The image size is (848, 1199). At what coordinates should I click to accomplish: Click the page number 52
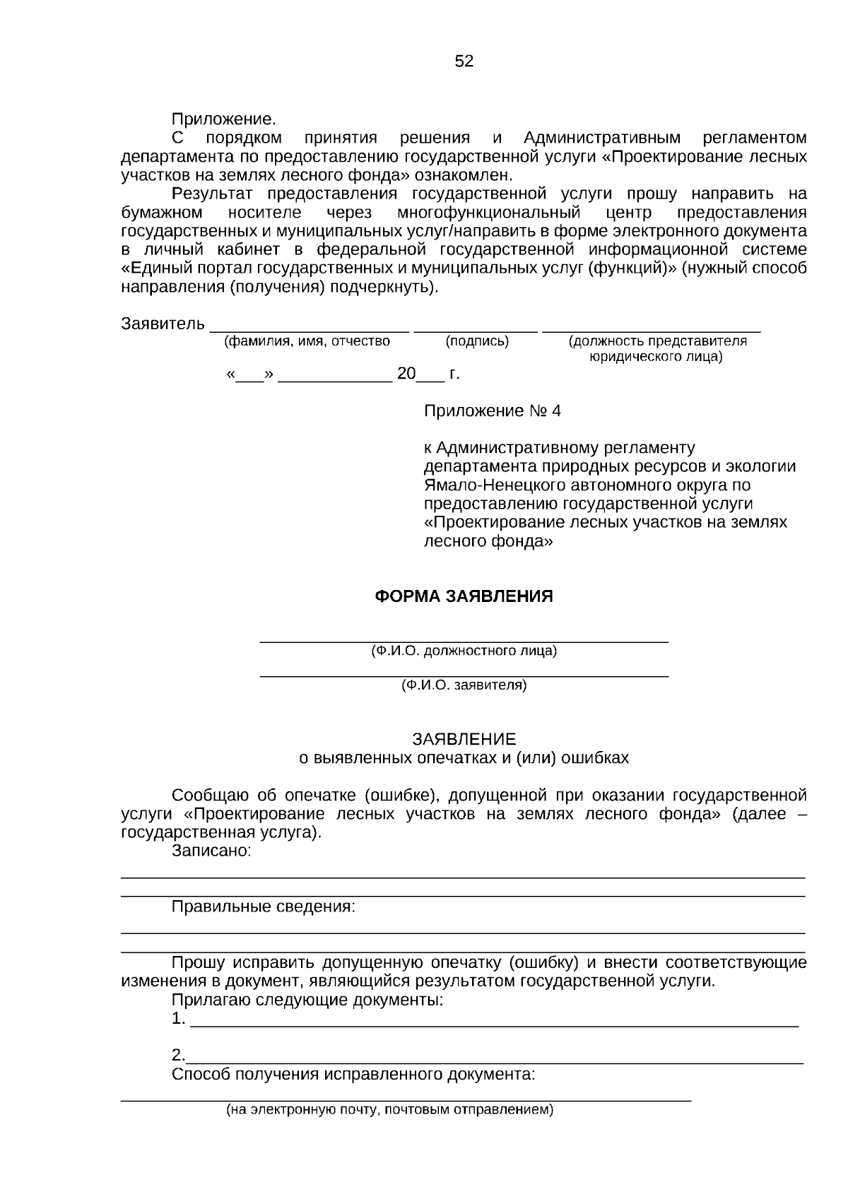464,61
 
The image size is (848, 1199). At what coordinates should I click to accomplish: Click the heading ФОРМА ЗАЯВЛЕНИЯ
464,596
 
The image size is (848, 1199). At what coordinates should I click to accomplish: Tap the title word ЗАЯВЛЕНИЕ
464,739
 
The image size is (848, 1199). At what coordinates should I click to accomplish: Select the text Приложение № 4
492,411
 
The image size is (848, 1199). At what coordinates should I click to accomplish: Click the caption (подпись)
477,341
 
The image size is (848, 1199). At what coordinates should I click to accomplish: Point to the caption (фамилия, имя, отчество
307,341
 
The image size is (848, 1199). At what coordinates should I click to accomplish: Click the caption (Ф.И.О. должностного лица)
464,651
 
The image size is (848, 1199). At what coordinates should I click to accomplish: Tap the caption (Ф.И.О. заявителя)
464,685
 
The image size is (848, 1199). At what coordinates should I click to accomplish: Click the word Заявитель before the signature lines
163,324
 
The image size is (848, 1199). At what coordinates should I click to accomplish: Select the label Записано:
211,851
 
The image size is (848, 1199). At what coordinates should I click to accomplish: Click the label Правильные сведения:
263,906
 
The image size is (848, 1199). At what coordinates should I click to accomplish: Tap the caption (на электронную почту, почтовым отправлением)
389,1110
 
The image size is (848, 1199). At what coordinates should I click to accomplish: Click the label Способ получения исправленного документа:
353,1075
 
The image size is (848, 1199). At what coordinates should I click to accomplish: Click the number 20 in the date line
406,374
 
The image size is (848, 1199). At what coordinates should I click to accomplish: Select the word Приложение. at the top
223,119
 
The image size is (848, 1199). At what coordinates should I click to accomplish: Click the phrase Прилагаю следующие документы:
307,1000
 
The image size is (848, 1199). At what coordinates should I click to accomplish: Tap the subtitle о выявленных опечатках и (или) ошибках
464,758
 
